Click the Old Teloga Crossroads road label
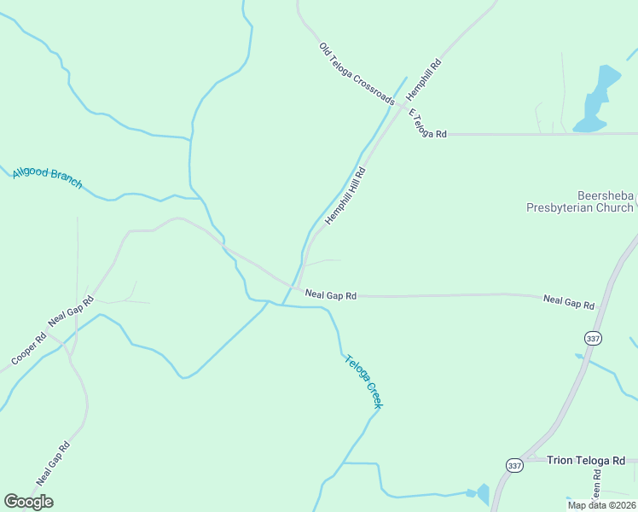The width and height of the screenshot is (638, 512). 357,73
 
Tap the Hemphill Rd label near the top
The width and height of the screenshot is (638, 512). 424,77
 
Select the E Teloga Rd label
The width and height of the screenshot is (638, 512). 427,125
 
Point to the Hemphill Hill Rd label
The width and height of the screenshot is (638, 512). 345,196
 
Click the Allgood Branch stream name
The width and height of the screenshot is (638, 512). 47,177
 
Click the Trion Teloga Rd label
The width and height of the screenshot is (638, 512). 586,460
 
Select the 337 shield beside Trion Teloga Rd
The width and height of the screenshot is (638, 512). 513,465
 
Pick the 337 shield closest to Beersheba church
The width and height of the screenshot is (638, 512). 594,339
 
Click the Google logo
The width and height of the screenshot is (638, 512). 28,502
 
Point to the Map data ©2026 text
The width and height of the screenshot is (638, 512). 601,504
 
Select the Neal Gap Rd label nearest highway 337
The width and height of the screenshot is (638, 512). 568,302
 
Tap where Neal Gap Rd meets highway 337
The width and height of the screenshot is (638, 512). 602,305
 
